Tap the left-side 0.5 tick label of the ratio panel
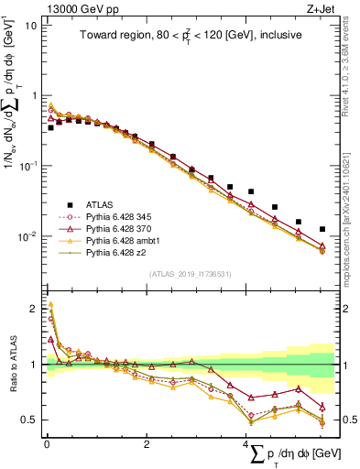coord(28,420)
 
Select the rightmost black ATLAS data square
coord(322,229)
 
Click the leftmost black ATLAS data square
coord(50,127)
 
